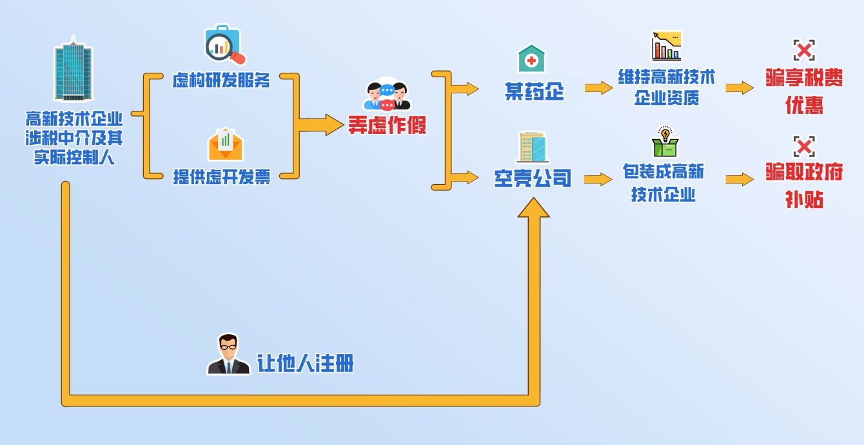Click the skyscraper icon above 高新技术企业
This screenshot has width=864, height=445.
pyautogui.click(x=74, y=70)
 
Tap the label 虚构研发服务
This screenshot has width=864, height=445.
pyautogui.click(x=221, y=80)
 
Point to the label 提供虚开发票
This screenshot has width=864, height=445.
pyautogui.click(x=221, y=177)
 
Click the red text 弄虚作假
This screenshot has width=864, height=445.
pyautogui.click(x=387, y=124)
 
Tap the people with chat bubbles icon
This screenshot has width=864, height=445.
pyautogui.click(x=388, y=96)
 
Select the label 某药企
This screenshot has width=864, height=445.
pyautogui.click(x=534, y=92)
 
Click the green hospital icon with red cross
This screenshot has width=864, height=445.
pyautogui.click(x=531, y=59)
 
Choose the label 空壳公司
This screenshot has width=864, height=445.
pyautogui.click(x=533, y=178)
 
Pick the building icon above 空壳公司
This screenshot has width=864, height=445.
pyautogui.click(x=532, y=147)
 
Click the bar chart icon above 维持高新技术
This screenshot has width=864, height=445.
pyautogui.click(x=666, y=46)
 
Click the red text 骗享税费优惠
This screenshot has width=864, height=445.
pyautogui.click(x=803, y=91)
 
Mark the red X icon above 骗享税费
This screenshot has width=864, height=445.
pyautogui.click(x=804, y=50)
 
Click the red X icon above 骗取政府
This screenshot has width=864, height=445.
pyautogui.click(x=804, y=146)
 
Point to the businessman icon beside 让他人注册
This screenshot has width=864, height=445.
pyautogui.click(x=228, y=354)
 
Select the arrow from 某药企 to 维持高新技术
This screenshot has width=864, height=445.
pyautogui.click(x=598, y=88)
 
